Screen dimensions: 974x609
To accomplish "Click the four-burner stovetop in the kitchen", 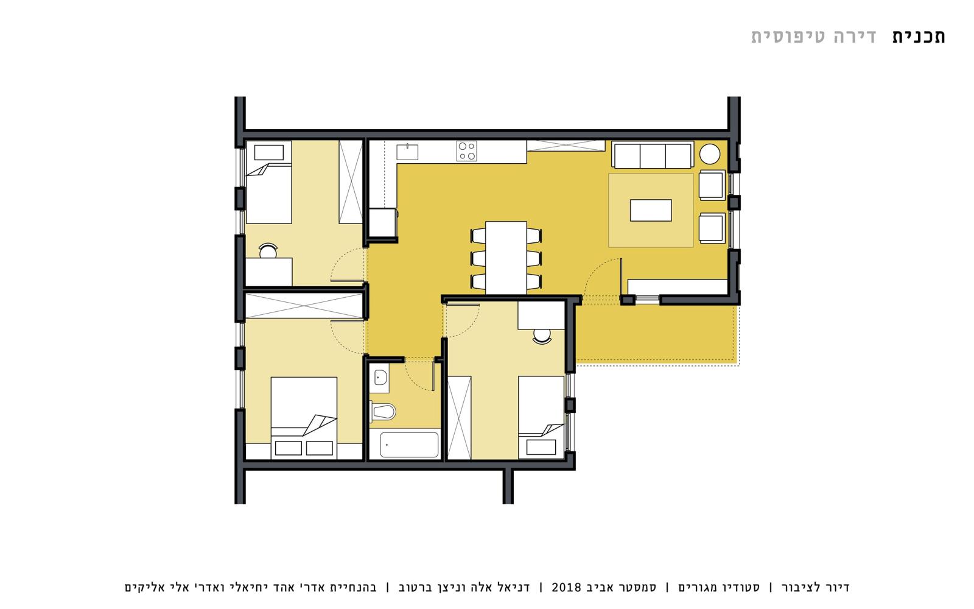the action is point(466,151).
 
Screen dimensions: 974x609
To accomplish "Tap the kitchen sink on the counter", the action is point(407,152).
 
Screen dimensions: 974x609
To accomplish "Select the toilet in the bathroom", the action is point(383,412).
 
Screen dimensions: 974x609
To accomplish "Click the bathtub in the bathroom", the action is point(408,445).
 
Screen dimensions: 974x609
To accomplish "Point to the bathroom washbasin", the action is point(380,378).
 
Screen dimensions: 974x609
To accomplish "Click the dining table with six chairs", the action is point(506,258).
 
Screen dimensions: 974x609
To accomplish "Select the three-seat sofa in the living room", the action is point(652,155).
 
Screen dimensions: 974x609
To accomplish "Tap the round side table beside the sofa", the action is point(710,154).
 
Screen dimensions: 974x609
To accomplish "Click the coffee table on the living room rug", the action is point(651,210).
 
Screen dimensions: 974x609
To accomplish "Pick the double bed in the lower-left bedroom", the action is point(304,418).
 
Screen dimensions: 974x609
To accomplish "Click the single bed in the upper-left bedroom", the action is point(268,182).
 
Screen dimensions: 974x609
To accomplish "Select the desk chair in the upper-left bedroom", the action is point(268,250).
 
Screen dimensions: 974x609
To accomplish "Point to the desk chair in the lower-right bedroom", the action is point(542,336).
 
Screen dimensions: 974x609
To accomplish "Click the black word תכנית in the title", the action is point(919,37).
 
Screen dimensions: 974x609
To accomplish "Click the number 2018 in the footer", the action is point(566,587).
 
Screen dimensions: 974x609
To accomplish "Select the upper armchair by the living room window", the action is point(712,185).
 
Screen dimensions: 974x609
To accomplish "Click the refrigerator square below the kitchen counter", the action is point(383,222).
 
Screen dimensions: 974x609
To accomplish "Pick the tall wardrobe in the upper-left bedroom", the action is point(351,182).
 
